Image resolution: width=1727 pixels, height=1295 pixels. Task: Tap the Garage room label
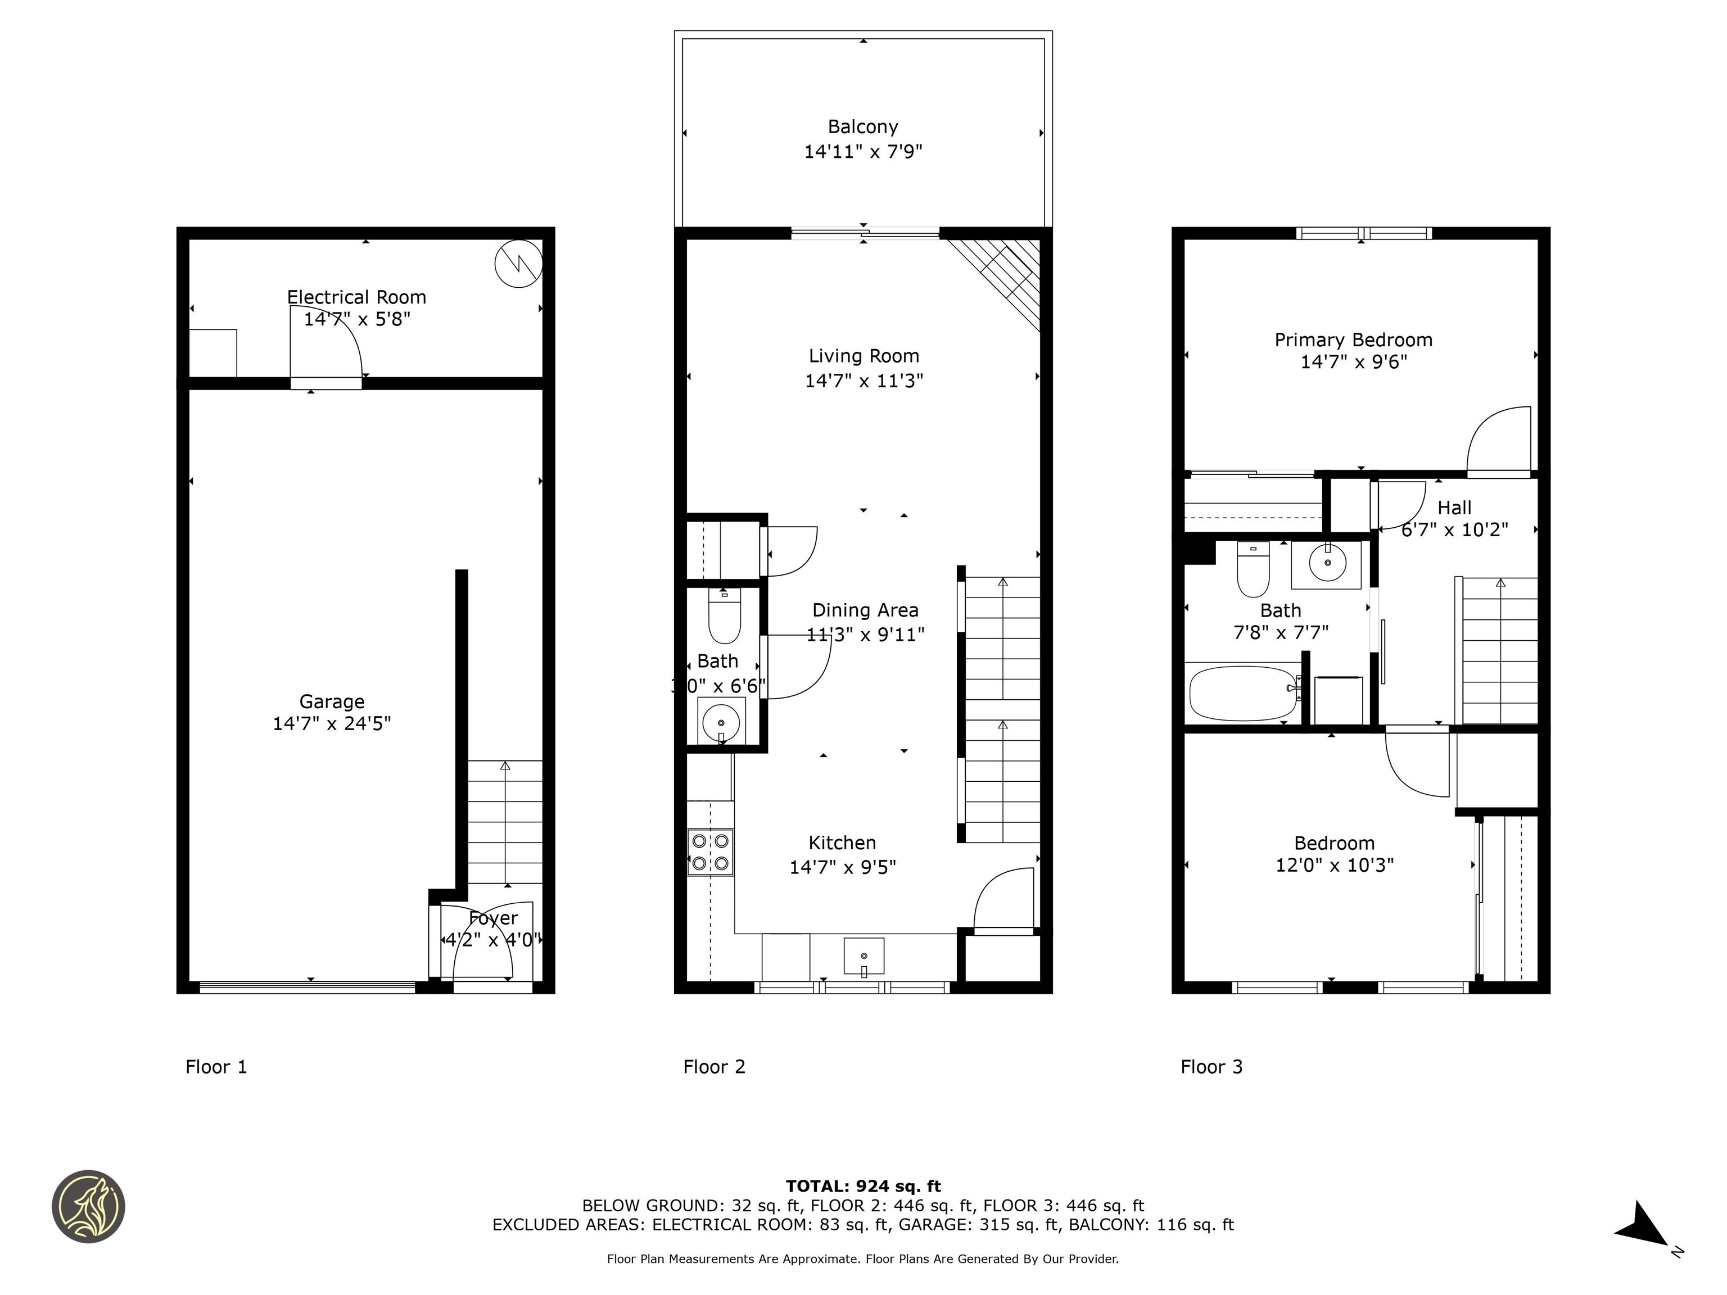(x=332, y=701)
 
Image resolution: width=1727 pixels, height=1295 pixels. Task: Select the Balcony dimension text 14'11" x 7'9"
(x=863, y=151)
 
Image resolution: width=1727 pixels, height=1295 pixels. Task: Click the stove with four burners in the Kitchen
(x=711, y=852)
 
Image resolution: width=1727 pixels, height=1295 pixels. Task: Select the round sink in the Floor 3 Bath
(x=1327, y=562)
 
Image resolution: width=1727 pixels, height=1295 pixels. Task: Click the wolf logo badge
(x=88, y=1206)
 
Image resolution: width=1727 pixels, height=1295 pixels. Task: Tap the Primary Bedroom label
(x=1353, y=339)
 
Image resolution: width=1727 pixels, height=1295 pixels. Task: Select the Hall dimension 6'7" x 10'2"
(x=1454, y=529)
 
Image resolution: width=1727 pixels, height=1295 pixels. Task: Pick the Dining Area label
(x=865, y=610)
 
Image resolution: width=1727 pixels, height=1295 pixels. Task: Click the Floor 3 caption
(x=1211, y=1066)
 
